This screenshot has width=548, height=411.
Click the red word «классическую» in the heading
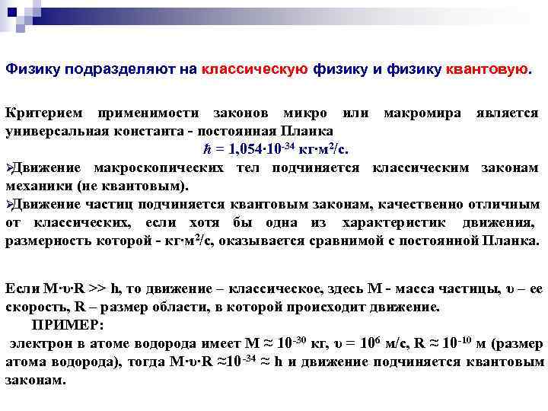click(255, 69)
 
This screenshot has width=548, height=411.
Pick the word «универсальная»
click(53, 130)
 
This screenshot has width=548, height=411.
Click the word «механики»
click(39, 186)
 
